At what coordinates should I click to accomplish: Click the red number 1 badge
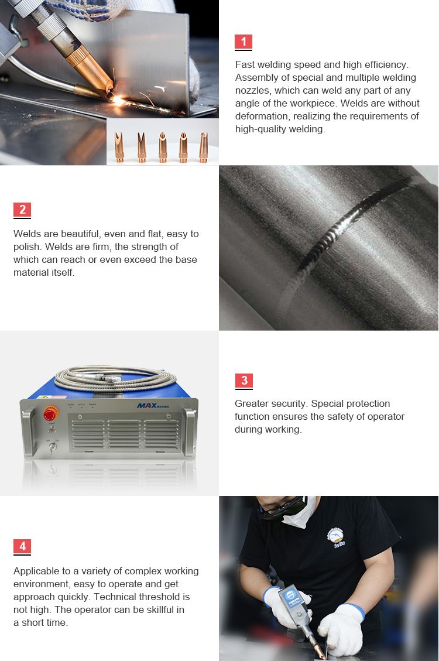(x=243, y=42)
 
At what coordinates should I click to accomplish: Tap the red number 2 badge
(x=22, y=210)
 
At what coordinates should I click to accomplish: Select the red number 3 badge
(x=243, y=381)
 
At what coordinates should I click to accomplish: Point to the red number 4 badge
(x=22, y=547)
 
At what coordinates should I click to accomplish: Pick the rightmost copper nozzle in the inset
(x=203, y=146)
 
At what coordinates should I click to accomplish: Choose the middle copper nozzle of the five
(x=163, y=146)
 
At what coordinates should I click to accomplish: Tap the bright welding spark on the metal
(x=119, y=100)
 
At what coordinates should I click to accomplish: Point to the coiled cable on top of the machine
(x=114, y=378)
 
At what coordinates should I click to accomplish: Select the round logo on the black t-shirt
(x=335, y=535)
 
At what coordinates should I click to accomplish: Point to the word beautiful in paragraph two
(x=80, y=234)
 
